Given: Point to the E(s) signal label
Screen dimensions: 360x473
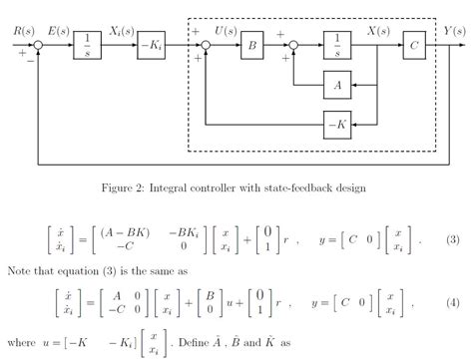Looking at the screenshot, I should (x=56, y=32).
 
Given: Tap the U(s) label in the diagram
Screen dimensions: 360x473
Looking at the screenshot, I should (x=227, y=32).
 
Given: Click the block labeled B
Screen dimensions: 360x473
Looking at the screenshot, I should (x=252, y=46).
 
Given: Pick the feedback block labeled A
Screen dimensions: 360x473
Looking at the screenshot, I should (x=339, y=87).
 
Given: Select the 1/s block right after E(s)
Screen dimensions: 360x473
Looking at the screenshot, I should (x=88, y=46).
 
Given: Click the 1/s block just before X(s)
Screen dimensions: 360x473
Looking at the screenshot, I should (x=339, y=46).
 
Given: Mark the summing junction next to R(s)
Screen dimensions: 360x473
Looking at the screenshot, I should (x=37, y=46).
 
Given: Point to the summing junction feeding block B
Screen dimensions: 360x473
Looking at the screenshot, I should (x=206, y=46).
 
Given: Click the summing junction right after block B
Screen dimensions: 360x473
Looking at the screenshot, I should (x=293, y=46).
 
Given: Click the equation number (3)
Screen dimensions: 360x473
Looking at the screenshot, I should (x=452, y=240).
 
